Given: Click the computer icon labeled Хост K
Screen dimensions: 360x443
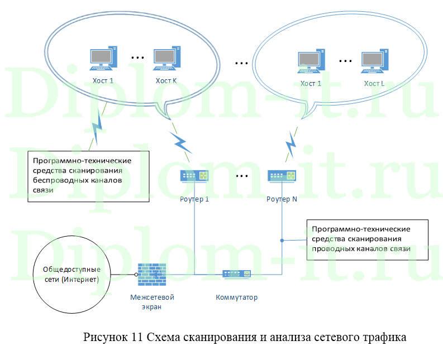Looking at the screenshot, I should pos(165,59).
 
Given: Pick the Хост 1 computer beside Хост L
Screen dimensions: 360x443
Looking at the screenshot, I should pos(311,61).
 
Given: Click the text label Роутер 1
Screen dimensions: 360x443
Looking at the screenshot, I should pos(194,199).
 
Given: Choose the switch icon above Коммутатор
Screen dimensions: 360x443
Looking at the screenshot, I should pos(237,274).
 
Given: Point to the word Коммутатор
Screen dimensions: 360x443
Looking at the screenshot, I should pos(237,297).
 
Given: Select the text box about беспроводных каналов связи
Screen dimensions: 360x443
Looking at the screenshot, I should pos(88,175).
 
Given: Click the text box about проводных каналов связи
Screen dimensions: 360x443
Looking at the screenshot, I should pos(367,239).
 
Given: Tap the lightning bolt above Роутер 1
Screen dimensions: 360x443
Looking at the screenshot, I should pos(180,142).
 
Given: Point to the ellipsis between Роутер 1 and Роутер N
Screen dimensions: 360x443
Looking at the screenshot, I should pos(242,176).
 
